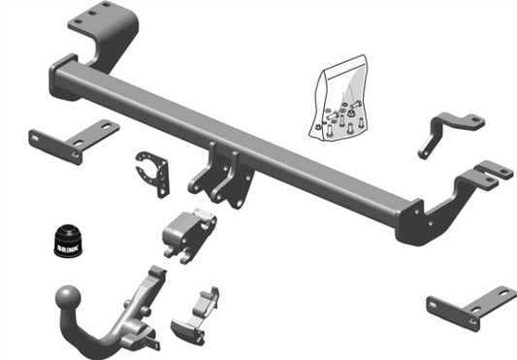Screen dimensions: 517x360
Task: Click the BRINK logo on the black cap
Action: (68, 248)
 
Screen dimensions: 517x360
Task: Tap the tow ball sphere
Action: (68, 297)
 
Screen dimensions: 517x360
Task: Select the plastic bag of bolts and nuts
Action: (339, 98)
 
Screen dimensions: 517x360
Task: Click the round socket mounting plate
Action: (152, 174)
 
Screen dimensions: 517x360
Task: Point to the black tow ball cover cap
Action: (68, 241)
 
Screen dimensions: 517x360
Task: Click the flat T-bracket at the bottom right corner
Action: (471, 309)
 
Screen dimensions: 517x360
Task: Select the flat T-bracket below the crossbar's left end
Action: (74, 142)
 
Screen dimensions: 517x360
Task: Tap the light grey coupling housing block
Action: (189, 235)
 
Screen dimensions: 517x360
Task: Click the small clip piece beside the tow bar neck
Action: (196, 317)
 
